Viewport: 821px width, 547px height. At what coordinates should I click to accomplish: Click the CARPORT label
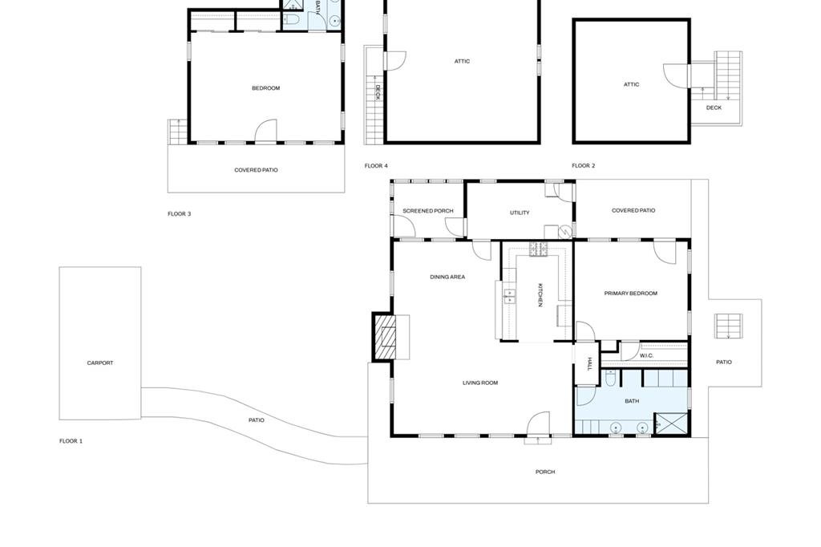(100, 363)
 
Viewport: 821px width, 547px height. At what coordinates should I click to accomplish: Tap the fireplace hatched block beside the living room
(382, 336)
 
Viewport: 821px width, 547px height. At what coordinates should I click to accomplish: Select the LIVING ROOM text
(480, 383)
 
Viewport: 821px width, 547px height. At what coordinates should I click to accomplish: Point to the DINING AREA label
(447, 278)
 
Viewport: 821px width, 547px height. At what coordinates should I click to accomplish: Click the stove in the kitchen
(538, 249)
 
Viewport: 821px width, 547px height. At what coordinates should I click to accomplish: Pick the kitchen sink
(509, 297)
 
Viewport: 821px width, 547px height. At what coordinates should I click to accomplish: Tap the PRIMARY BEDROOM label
(630, 294)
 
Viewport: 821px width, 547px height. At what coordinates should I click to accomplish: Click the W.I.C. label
(647, 356)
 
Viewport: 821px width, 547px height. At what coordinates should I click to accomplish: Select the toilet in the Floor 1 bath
(610, 379)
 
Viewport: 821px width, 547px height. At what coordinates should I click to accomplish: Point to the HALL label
(589, 363)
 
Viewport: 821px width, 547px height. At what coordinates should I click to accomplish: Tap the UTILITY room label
(520, 213)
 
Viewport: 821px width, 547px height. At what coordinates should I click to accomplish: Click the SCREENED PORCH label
(428, 211)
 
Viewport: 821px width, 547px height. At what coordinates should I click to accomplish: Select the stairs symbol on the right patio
(729, 326)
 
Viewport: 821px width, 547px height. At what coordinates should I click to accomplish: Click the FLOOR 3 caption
(179, 214)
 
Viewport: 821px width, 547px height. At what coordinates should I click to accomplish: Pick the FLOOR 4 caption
(376, 166)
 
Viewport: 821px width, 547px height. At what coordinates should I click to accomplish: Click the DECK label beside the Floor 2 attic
(714, 108)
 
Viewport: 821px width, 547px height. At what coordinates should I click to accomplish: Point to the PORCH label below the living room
(545, 472)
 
